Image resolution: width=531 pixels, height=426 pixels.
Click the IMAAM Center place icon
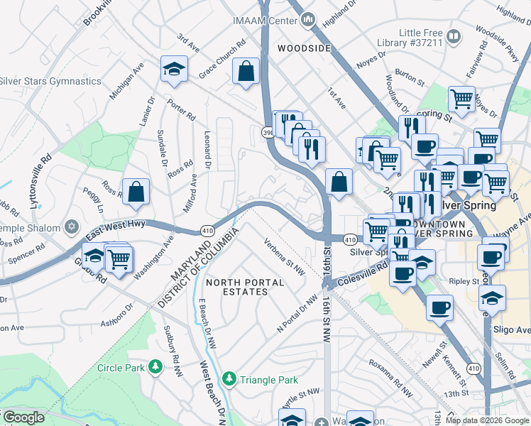(x=308, y=21)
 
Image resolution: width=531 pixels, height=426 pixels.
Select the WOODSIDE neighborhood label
(x=304, y=48)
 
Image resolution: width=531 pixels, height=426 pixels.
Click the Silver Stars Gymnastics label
(x=50, y=81)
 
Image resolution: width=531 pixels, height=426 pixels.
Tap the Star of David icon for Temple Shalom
(x=70, y=227)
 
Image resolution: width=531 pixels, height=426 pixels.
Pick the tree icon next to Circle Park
(x=155, y=367)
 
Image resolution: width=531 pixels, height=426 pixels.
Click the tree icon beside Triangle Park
(x=229, y=380)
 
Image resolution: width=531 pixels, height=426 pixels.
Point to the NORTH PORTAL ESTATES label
(x=245, y=288)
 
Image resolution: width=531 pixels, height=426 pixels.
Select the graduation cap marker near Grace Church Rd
(x=173, y=70)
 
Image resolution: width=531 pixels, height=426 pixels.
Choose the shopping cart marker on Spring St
(x=461, y=99)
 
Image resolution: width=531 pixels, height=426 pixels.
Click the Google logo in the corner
(x=23, y=417)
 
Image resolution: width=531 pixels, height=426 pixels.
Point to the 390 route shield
(x=268, y=132)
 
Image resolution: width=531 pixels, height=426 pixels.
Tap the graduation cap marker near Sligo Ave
(x=492, y=297)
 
